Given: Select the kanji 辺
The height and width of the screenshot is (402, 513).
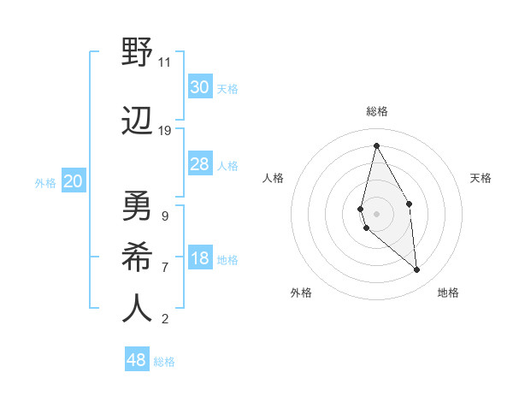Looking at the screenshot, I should click(137, 122).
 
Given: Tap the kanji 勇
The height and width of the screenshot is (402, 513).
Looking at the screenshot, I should click(137, 206).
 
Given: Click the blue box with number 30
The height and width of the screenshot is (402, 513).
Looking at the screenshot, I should click(199, 87).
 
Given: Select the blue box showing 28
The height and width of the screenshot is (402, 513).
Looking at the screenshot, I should click(199, 164).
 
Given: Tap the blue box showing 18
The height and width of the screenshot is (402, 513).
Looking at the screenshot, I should click(199, 259).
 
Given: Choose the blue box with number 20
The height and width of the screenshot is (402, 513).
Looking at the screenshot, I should click(74, 181).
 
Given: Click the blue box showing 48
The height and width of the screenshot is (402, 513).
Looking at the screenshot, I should click(137, 360).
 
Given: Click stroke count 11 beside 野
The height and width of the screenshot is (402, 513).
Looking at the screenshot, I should click(164, 62).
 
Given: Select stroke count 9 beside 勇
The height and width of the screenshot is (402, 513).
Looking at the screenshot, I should click(164, 216).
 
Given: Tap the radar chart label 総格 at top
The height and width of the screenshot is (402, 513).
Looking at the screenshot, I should click(377, 111).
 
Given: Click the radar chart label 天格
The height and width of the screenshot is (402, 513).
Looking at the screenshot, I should click(481, 178).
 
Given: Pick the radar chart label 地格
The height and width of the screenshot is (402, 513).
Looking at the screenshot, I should click(448, 293).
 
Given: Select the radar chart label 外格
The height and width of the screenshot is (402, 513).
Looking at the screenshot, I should click(301, 293).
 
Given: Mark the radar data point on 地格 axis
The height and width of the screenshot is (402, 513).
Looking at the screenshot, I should click(417, 270).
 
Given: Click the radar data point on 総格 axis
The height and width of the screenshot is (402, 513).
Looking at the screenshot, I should click(376, 145).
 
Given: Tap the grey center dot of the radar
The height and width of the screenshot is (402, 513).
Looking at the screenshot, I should click(376, 213).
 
